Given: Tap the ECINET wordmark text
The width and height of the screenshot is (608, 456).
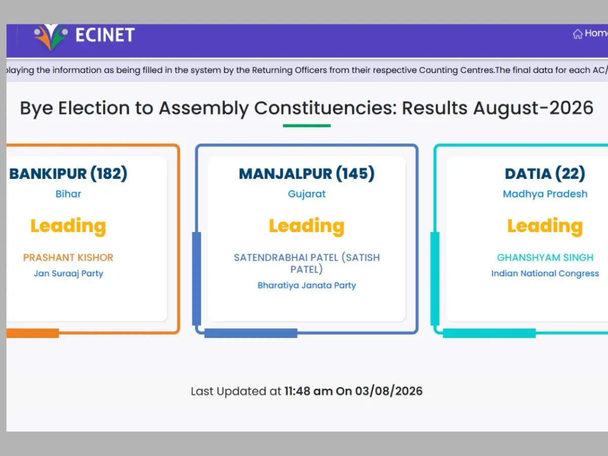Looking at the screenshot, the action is (105, 35).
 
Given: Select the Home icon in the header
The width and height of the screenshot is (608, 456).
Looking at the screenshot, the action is (578, 34).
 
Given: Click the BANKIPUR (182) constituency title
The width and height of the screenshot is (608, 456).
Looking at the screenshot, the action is (68, 174).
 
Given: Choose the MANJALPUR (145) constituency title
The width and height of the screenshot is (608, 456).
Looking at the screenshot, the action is (307, 174).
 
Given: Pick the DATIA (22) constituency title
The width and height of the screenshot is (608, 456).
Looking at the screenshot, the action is (545, 174).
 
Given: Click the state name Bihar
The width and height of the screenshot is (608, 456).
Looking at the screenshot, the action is (68, 194).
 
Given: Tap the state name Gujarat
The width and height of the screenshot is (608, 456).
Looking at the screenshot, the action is (307, 194).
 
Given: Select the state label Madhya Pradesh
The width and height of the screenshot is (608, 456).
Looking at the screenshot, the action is (545, 194).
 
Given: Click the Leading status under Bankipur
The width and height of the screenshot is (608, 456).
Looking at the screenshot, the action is (68, 226).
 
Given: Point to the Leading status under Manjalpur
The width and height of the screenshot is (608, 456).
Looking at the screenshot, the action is (307, 226).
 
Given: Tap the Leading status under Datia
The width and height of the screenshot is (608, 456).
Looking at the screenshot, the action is (545, 226).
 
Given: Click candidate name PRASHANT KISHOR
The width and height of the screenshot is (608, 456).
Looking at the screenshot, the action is (68, 257).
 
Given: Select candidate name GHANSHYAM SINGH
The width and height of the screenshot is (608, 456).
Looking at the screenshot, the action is (545, 257).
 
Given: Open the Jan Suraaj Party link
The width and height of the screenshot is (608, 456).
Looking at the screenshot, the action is (68, 274).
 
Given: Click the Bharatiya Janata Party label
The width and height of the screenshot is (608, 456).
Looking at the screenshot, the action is (307, 285).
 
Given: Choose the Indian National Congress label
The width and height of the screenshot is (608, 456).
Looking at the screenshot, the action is (545, 274).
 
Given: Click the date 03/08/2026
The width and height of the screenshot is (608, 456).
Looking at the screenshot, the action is (389, 391).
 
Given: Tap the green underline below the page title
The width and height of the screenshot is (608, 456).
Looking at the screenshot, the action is (307, 126).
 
